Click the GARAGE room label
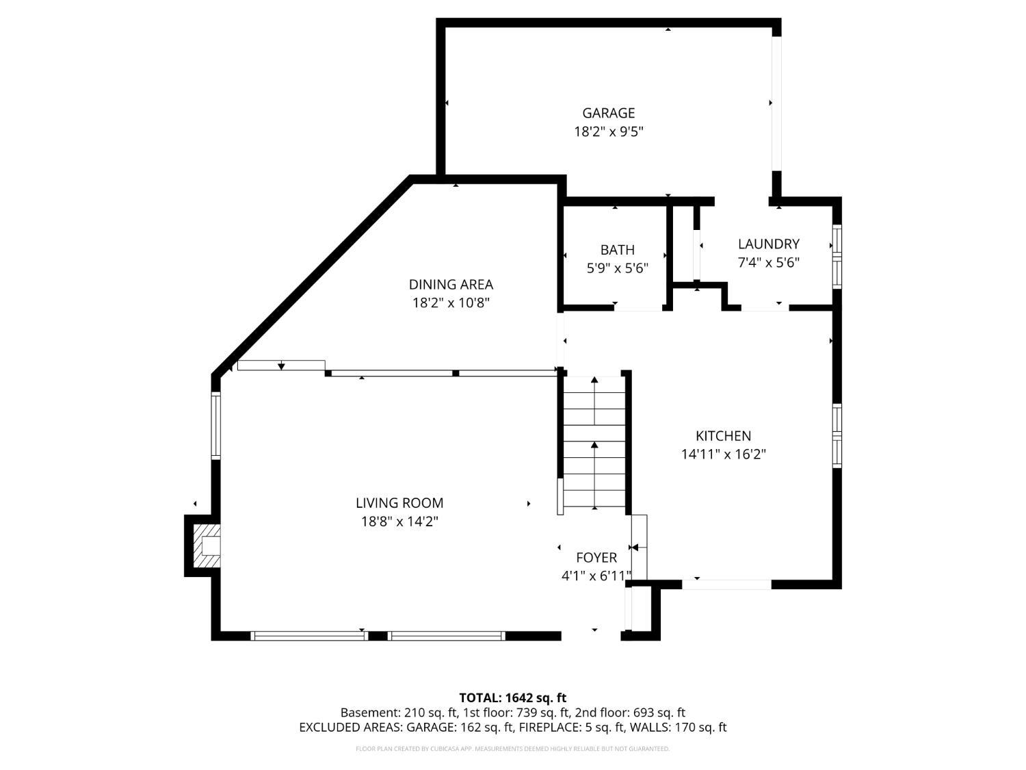pyautogui.click(x=608, y=113)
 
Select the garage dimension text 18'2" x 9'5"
pyautogui.click(x=608, y=131)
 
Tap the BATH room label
pyautogui.click(x=617, y=250)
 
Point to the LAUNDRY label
pyautogui.click(x=768, y=244)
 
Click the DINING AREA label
pyautogui.click(x=451, y=284)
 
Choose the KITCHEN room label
pyautogui.click(x=723, y=436)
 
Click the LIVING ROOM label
pyautogui.click(x=399, y=503)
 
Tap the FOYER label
pyautogui.click(x=596, y=558)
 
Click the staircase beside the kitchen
pyautogui.click(x=594, y=442)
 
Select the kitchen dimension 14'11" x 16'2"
pyautogui.click(x=723, y=454)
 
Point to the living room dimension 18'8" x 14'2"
pyautogui.click(x=399, y=522)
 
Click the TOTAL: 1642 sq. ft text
pyautogui.click(x=512, y=698)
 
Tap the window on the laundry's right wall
pyautogui.click(x=837, y=255)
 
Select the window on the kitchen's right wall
pyautogui.click(x=837, y=435)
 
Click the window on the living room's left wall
pyautogui.click(x=215, y=425)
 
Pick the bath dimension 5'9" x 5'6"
pyautogui.click(x=617, y=268)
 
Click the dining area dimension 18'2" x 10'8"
pyautogui.click(x=451, y=303)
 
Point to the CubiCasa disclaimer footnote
pyautogui.click(x=512, y=749)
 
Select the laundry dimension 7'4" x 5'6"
pyautogui.click(x=768, y=262)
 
